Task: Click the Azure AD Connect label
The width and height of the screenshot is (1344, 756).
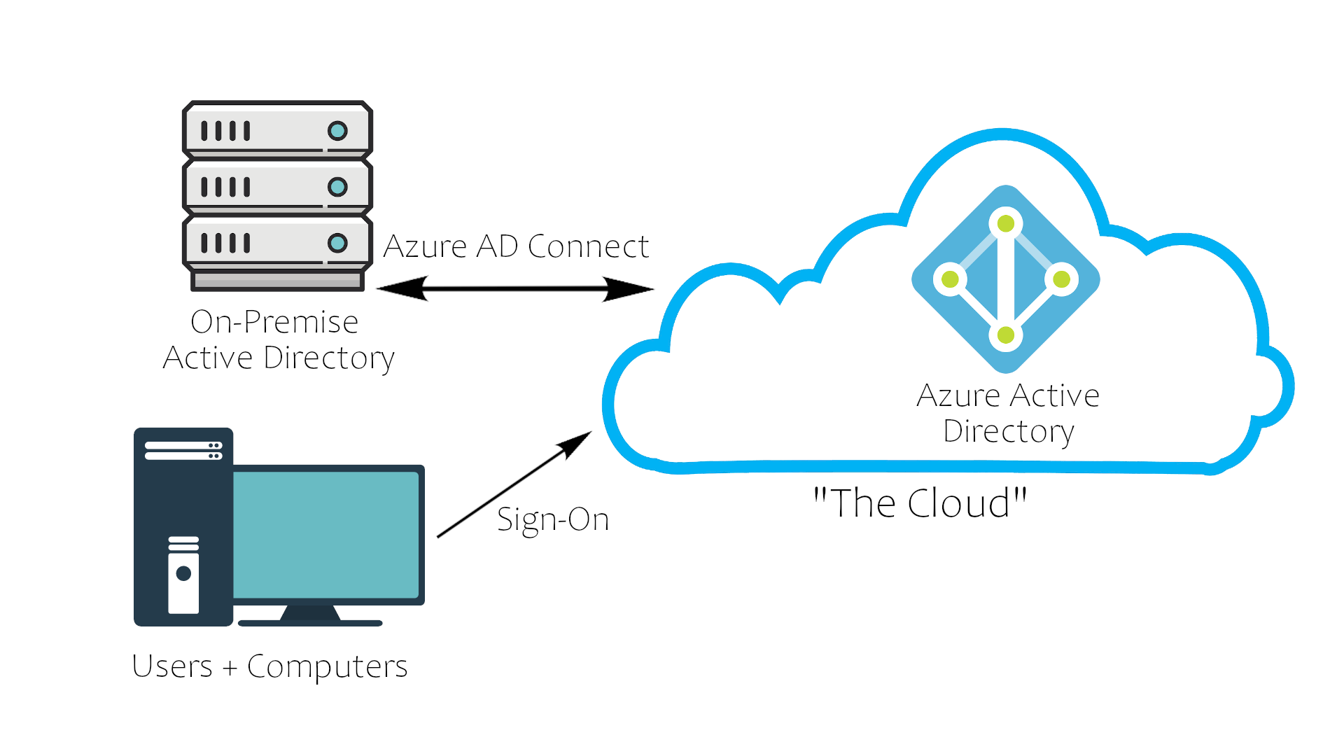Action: pyautogui.click(x=516, y=246)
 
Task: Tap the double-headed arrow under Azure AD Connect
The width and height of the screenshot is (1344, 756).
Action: pyautogui.click(x=515, y=288)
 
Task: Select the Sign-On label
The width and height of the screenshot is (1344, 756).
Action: pyautogui.click(x=553, y=519)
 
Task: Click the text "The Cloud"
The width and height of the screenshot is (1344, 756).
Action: pyautogui.click(x=920, y=503)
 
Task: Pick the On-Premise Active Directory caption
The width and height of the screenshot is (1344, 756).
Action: pyautogui.click(x=278, y=340)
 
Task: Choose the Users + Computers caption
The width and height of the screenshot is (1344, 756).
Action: pyautogui.click(x=269, y=666)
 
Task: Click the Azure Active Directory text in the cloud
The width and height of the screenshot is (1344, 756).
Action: pyautogui.click(x=1008, y=413)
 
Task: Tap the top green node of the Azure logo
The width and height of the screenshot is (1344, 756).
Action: pyautogui.click(x=1006, y=224)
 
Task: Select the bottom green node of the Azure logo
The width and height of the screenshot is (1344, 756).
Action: pyautogui.click(x=1006, y=335)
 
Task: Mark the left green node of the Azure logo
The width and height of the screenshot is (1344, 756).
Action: pyautogui.click(x=950, y=279)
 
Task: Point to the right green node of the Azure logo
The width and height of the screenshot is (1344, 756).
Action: pyautogui.click(x=1062, y=279)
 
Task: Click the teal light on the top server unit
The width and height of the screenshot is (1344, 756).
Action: pyautogui.click(x=337, y=131)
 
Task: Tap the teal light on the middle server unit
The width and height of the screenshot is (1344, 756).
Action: pyautogui.click(x=337, y=187)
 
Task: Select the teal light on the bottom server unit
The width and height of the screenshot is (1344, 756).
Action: pyautogui.click(x=337, y=243)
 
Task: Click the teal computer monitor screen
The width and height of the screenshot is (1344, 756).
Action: pyautogui.click(x=325, y=535)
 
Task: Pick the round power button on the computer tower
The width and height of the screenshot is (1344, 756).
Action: pyautogui.click(x=184, y=574)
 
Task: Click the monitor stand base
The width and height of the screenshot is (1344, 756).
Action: pyautogui.click(x=310, y=622)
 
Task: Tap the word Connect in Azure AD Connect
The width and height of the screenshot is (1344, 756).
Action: pyautogui.click(x=588, y=246)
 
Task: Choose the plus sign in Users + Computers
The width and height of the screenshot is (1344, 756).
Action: pyautogui.click(x=230, y=668)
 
